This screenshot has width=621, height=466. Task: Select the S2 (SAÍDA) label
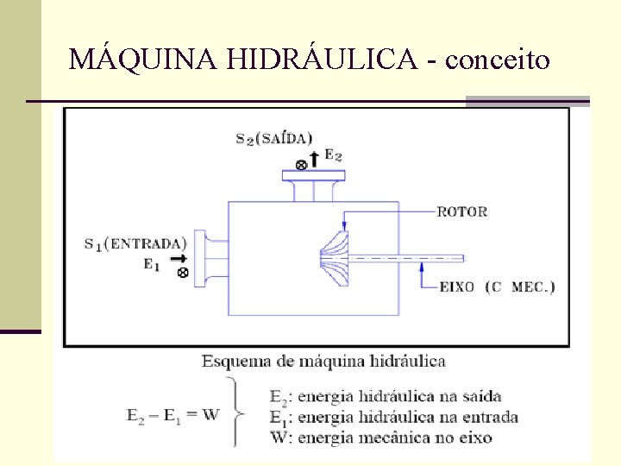point(274,139)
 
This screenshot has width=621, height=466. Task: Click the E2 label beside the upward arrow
point(333,156)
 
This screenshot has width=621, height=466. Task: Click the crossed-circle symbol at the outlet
point(301,164)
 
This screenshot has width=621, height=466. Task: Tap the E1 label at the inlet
point(152,266)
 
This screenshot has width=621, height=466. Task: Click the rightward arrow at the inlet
point(178,257)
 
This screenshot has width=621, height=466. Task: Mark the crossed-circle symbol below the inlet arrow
point(182,273)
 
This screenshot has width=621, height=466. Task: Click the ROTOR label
point(462,211)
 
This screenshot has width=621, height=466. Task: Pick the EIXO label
point(455,287)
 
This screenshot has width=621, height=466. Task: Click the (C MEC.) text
point(520,287)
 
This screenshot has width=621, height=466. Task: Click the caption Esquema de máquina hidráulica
point(323,361)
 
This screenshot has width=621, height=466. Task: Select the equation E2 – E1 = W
point(172,415)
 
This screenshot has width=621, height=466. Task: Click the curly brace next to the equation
point(235,412)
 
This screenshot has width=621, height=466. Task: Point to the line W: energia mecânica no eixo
point(380,437)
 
